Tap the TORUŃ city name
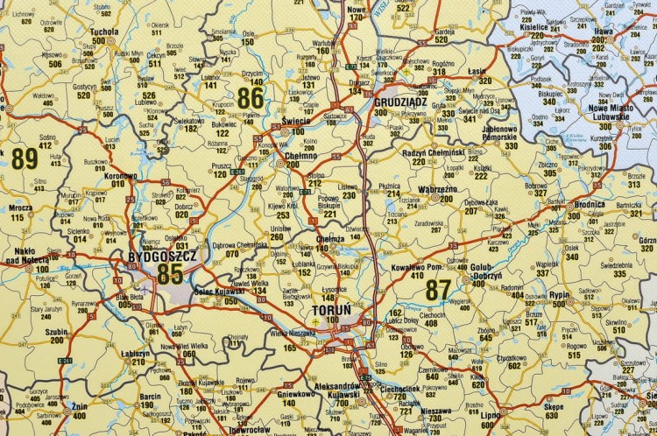click(x=330, y=311)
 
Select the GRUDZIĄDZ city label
click(x=400, y=102)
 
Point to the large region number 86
click(x=250, y=97)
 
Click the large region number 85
click(x=171, y=273)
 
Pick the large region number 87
click(x=438, y=288)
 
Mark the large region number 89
click(x=25, y=158)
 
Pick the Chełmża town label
click(x=328, y=237)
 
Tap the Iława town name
click(x=602, y=31)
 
